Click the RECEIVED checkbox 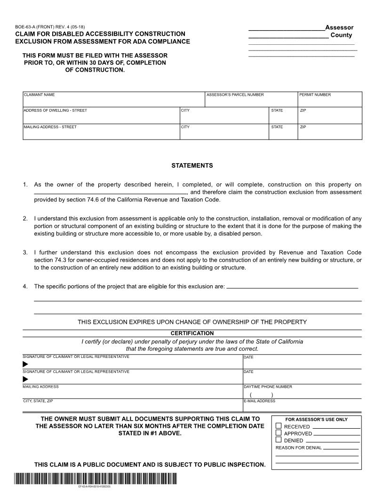point(278,426)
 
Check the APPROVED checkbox point(278,433)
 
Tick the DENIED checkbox point(278,440)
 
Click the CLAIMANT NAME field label point(39,95)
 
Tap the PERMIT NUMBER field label point(315,95)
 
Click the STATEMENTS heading point(192,166)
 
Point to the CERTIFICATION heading point(192,333)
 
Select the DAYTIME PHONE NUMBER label point(268,387)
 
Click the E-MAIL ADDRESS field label point(259,401)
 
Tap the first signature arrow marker point(25,364)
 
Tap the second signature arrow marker point(25,379)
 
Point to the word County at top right point(341,35)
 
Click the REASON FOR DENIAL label point(298,448)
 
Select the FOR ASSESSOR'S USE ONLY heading point(317,419)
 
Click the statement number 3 point(25,253)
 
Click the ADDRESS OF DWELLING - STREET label point(55,110)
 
